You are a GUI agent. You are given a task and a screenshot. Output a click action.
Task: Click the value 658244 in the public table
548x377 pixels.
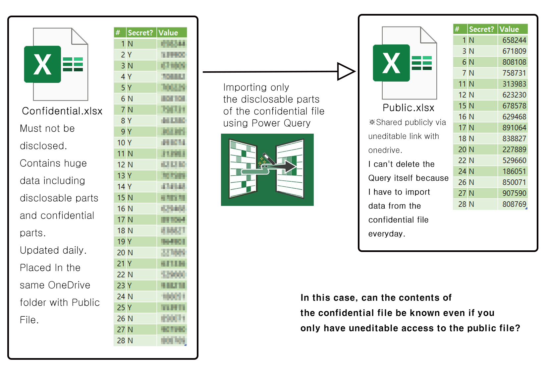(x=514, y=40)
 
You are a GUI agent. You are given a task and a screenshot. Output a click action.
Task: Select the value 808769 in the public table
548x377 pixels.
(x=514, y=204)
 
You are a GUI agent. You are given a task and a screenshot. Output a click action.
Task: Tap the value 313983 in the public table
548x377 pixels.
(x=514, y=84)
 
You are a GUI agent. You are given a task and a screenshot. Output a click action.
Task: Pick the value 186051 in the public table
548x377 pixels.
(x=514, y=171)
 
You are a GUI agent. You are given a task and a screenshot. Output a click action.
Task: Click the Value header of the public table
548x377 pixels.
(x=509, y=29)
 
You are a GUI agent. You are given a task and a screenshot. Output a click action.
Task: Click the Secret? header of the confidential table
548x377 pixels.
(x=140, y=33)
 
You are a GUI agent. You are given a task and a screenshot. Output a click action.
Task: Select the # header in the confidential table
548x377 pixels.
(x=118, y=33)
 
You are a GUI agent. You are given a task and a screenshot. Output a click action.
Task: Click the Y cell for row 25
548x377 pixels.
(x=130, y=307)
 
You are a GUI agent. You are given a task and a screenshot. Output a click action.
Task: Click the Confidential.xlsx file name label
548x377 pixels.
(x=62, y=111)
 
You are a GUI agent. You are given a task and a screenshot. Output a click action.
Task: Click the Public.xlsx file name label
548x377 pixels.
(x=408, y=108)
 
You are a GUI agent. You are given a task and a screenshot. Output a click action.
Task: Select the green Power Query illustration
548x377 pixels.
(x=267, y=169)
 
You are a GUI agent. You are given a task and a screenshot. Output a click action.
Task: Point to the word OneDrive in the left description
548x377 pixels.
(x=69, y=285)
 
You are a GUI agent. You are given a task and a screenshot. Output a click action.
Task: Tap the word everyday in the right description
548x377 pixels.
(x=386, y=234)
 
